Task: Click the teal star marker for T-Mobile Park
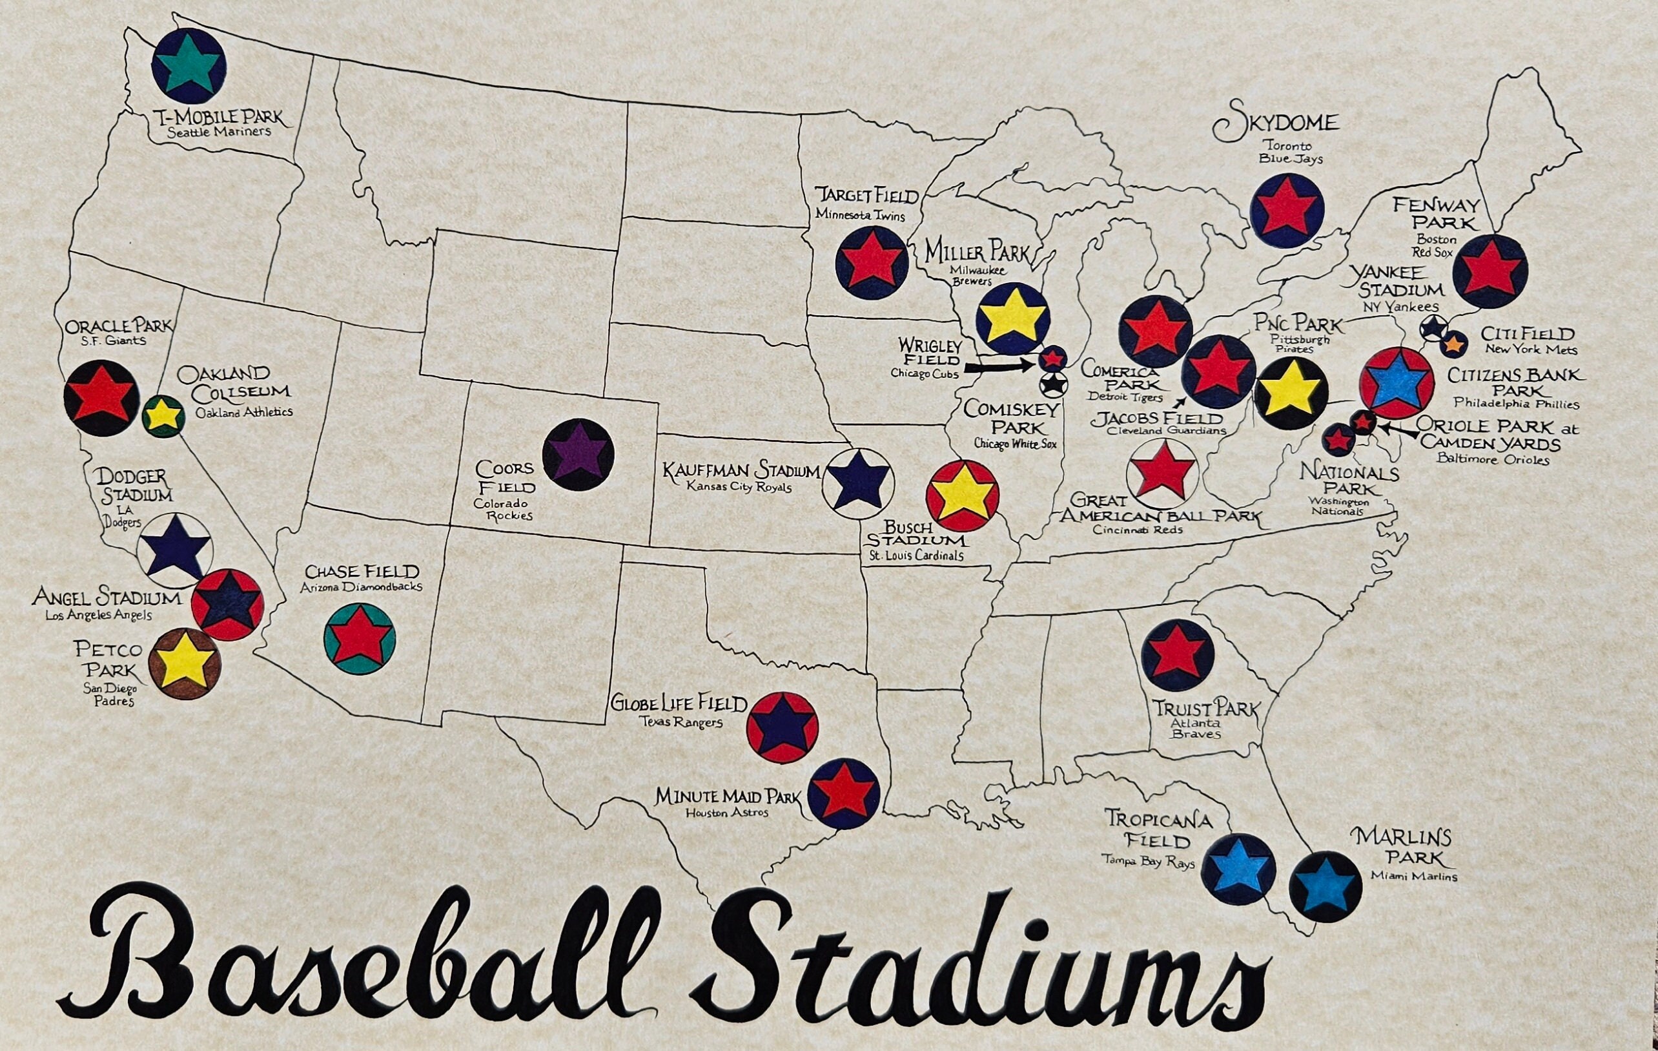tap(189, 66)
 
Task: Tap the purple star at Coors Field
tap(578, 455)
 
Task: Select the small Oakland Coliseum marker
tap(163, 416)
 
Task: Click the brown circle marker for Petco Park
tap(184, 664)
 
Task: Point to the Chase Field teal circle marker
tap(360, 638)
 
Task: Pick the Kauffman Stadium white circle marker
tap(857, 483)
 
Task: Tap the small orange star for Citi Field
tap(1452, 343)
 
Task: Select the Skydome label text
tap(1275, 125)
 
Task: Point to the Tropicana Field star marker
tap(1236, 870)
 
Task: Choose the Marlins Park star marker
tap(1325, 886)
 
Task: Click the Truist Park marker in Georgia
tap(1177, 655)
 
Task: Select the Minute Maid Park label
tap(728, 797)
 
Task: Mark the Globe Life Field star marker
tap(782, 727)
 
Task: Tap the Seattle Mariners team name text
tap(219, 132)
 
